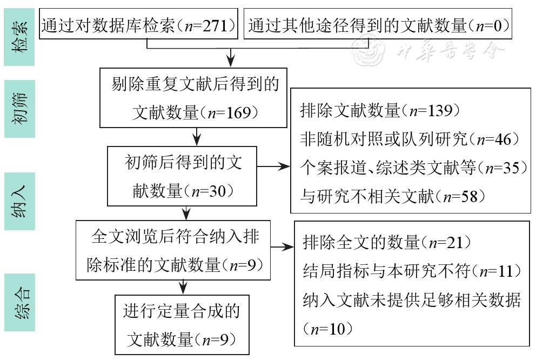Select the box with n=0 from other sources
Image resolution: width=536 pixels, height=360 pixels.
click(378, 25)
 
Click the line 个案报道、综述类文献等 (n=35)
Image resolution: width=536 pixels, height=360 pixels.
click(413, 168)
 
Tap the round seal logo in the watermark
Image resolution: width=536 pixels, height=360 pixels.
click(365, 52)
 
